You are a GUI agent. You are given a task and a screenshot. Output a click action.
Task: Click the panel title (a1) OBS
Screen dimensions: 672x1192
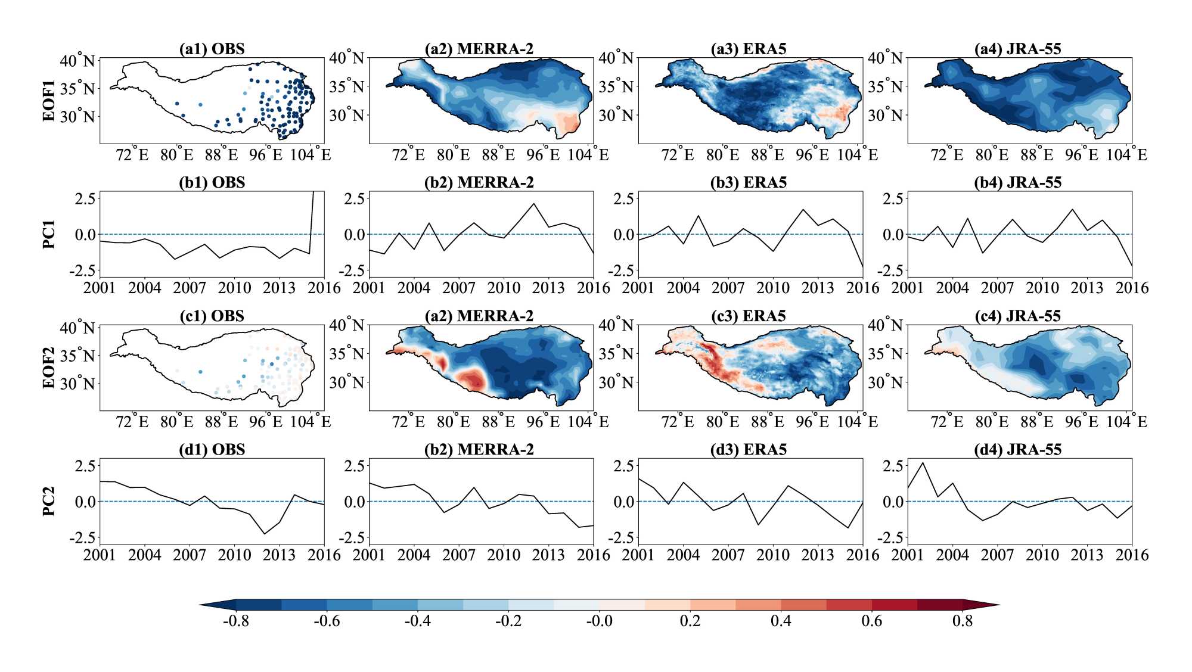coord(212,49)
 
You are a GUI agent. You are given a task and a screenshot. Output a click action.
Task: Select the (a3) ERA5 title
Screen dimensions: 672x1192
coord(749,49)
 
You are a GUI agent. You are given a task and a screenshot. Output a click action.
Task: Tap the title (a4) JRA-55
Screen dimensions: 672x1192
coord(1018,49)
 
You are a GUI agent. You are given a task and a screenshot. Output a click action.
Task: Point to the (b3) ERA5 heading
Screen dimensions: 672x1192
coord(749,182)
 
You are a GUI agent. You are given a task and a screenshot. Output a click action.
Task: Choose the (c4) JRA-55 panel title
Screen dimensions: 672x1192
coord(1018,316)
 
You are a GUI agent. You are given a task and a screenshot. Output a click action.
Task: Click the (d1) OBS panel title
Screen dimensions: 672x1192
coord(212,449)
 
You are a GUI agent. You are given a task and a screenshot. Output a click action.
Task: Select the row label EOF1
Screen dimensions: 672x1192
coord(49,101)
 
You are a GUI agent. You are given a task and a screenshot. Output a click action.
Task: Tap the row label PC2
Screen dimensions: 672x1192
coord(49,501)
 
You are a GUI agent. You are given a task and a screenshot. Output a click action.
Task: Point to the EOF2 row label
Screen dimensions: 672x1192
coord(49,368)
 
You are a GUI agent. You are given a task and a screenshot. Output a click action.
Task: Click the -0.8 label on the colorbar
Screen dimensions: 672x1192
coord(236,621)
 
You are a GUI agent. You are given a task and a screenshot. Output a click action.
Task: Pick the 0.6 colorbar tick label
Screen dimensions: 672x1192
coord(872,621)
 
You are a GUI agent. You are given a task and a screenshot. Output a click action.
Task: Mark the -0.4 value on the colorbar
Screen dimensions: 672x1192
coord(418,621)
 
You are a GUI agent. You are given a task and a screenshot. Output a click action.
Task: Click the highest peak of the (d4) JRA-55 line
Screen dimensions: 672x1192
coord(923,463)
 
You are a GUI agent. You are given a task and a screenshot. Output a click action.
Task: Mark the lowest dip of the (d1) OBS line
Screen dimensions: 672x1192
coord(265,534)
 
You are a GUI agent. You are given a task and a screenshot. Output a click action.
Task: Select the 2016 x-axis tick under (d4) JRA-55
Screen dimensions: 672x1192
coord(1132,555)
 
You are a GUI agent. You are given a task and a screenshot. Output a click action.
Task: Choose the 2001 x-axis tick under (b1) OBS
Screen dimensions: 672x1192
coord(100,288)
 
